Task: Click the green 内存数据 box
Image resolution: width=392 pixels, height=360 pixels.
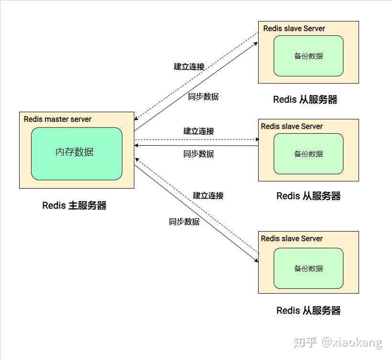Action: coord(76,153)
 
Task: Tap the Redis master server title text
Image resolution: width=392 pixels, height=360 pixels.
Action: coord(57,119)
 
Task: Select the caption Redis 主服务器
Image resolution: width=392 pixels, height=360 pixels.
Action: coord(74,206)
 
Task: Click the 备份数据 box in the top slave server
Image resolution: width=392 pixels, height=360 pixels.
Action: coord(308,56)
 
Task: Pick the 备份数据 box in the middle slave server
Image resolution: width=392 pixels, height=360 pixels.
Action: coord(308,154)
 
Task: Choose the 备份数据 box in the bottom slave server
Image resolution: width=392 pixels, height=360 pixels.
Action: coord(308,268)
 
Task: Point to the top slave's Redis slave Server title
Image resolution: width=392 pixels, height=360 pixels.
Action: coord(294,29)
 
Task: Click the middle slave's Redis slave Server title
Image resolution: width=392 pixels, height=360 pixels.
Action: coord(292,127)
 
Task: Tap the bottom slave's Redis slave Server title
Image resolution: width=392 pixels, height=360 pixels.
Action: coord(292,239)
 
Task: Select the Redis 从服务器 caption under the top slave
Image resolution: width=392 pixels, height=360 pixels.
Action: coord(305,100)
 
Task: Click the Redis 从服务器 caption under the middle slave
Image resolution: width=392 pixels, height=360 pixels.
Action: coord(308,196)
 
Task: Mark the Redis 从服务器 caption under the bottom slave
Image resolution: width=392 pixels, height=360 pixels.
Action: coord(308,311)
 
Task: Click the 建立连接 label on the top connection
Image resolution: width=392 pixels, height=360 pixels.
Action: coord(189,67)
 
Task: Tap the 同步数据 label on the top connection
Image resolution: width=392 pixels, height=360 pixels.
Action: coord(203,96)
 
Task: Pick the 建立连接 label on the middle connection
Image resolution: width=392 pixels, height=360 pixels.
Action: coord(198,131)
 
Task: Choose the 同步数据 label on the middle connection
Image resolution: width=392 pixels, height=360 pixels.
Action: coord(198,154)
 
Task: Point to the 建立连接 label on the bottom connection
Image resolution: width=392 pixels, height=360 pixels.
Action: coord(208,196)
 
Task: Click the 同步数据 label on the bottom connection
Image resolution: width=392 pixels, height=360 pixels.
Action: coord(184,222)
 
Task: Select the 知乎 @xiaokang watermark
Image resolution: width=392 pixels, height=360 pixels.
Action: coord(338,342)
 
